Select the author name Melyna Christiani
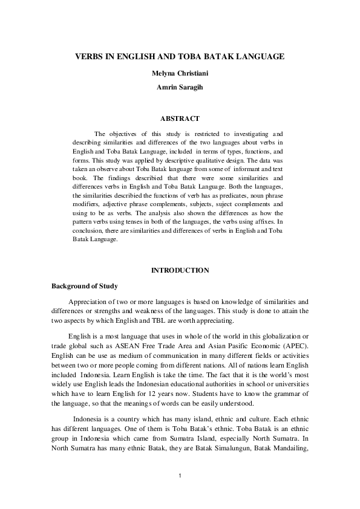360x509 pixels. coord(180,73)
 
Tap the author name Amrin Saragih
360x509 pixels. coord(180,87)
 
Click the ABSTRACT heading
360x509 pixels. coord(180,118)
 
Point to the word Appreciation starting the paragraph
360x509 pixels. coord(88,302)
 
